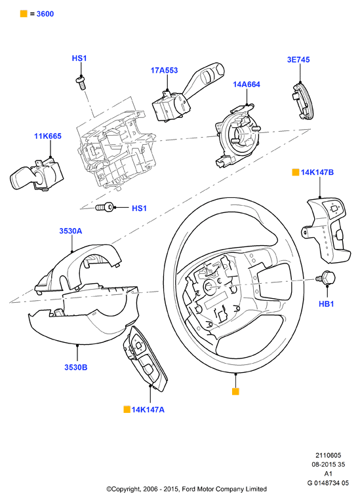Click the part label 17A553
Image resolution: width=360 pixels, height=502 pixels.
[x=164, y=70]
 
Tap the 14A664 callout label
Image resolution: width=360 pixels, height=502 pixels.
[x=247, y=84]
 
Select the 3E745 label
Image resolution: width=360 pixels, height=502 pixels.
[x=298, y=60]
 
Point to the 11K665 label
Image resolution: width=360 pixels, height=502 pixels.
[x=48, y=136]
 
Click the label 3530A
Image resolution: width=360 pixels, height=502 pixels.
[x=70, y=231]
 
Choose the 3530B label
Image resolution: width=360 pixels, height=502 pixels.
[x=76, y=367]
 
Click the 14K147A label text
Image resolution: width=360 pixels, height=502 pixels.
[x=148, y=410]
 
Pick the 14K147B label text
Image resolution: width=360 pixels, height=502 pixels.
[x=317, y=172]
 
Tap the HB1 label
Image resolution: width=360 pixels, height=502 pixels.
[x=327, y=303]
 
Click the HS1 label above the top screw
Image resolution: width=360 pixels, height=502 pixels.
[x=79, y=58]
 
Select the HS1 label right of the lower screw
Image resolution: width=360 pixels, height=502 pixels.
[x=139, y=208]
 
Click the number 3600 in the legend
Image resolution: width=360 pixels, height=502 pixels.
[x=45, y=14]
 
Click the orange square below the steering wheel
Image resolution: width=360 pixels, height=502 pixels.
[x=235, y=391]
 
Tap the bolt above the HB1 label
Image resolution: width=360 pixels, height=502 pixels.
[x=325, y=277]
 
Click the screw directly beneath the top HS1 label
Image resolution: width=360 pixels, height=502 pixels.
[x=81, y=83]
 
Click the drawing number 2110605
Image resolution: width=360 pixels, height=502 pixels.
[x=329, y=455]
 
